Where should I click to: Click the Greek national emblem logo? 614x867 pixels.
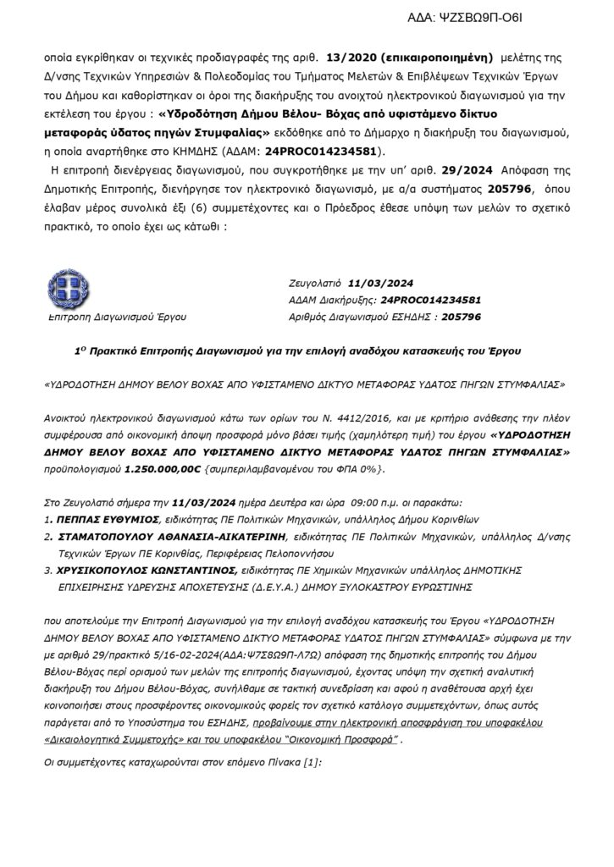pyautogui.click(x=69, y=287)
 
